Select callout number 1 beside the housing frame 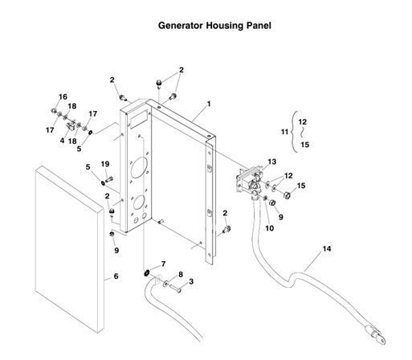point(208,104)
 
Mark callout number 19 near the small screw point(105,164)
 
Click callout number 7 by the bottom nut point(164,264)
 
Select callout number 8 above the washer point(181,275)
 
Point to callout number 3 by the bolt point(191,282)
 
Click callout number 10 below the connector point(269,228)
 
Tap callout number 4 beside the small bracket point(62,141)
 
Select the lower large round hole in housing point(140,202)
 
